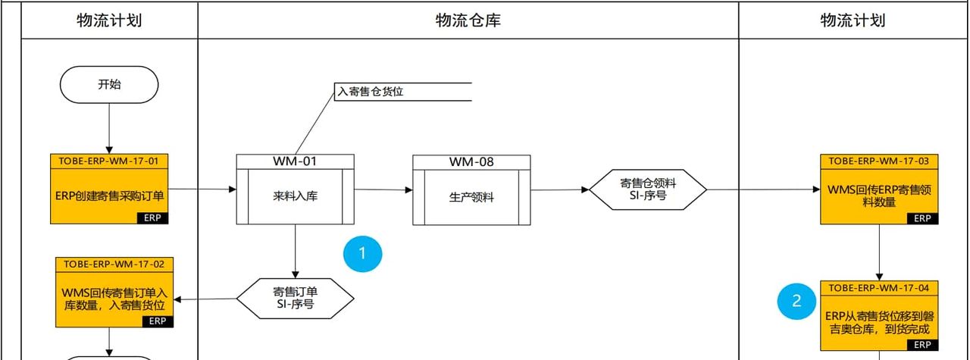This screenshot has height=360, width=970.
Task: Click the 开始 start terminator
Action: (109, 84)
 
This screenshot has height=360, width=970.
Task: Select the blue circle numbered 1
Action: (362, 254)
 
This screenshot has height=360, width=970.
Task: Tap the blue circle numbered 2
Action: (796, 301)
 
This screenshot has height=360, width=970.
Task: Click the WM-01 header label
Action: (295, 161)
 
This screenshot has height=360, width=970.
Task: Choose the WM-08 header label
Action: (471, 161)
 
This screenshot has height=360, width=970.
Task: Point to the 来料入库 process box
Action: (295, 196)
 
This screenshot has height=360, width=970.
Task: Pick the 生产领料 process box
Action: (471, 196)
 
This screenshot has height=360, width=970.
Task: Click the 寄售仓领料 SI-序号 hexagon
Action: (648, 189)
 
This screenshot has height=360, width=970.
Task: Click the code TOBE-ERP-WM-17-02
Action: (114, 264)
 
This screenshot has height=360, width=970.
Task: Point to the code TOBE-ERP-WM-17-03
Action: (878, 161)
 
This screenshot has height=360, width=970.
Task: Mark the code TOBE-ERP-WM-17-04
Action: (878, 287)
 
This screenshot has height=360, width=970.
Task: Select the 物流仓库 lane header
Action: (468, 20)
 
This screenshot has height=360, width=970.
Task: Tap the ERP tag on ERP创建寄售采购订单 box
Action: (153, 218)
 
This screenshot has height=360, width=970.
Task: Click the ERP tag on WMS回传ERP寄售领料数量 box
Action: (921, 218)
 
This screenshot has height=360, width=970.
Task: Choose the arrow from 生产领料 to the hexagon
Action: (559, 189)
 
